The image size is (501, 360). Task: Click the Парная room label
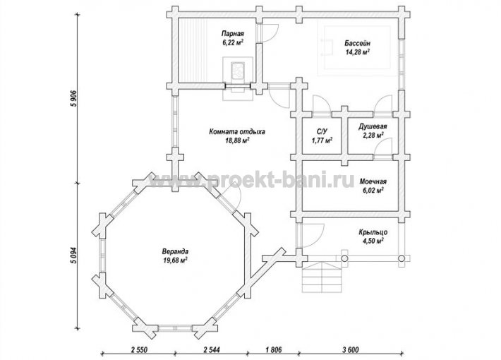[x=233, y=34]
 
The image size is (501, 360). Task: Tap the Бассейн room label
[x=358, y=44]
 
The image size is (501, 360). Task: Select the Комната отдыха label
[x=237, y=131]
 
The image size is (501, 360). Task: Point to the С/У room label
[x=322, y=131]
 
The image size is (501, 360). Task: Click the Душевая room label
[x=373, y=126]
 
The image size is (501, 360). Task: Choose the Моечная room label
[x=373, y=181]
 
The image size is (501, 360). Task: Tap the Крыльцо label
[x=373, y=232]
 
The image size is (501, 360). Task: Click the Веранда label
[x=175, y=251]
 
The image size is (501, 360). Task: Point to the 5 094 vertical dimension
[x=74, y=256]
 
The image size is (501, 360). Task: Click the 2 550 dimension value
[x=139, y=350]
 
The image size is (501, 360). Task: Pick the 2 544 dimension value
[x=212, y=350]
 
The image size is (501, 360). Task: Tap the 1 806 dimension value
[x=274, y=350]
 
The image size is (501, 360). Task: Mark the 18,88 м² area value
[x=237, y=140]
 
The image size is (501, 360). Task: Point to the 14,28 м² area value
[x=358, y=52]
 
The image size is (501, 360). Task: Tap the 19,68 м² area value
[x=175, y=260]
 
